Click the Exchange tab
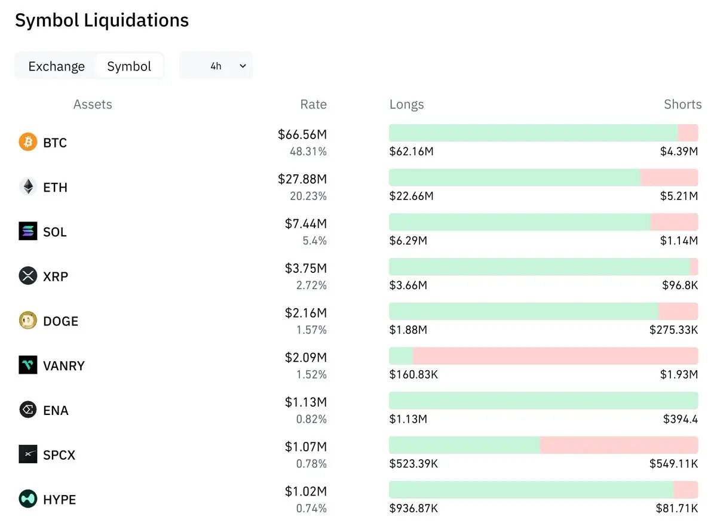tap(57, 66)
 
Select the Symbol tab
tap(129, 66)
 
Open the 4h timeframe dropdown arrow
tap(243, 66)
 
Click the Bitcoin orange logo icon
tap(28, 142)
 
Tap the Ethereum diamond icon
tap(28, 186)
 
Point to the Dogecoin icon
tap(28, 320)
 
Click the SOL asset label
tap(55, 232)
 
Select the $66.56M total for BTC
tap(302, 134)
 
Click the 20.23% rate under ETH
tap(308, 196)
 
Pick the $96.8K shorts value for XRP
tap(680, 285)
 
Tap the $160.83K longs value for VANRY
tap(413, 374)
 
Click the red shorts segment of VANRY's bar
tap(555, 356)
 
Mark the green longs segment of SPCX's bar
tap(464, 445)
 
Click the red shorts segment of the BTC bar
tap(688, 133)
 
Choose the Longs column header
tap(406, 104)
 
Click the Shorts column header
tap(683, 104)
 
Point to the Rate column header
tap(313, 104)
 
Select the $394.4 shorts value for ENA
tap(681, 419)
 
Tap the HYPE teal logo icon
tap(28, 499)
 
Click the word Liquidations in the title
tap(136, 20)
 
